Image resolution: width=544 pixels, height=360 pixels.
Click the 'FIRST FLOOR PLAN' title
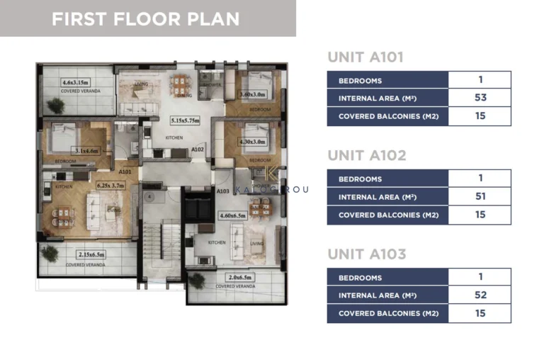(x=146, y=18)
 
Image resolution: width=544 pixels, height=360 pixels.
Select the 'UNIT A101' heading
(x=365, y=58)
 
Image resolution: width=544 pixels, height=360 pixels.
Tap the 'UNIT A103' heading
(x=366, y=254)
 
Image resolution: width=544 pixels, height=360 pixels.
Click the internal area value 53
(x=480, y=99)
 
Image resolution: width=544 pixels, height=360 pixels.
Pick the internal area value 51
(x=480, y=196)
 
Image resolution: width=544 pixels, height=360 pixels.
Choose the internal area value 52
(x=480, y=295)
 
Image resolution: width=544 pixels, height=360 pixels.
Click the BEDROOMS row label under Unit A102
(x=360, y=179)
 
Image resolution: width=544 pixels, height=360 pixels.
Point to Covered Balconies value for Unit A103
(x=480, y=313)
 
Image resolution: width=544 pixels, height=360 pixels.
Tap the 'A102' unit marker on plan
(x=198, y=150)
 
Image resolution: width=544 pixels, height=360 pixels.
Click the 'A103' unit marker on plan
(x=222, y=191)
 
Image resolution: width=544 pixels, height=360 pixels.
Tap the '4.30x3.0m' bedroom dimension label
(x=252, y=142)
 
